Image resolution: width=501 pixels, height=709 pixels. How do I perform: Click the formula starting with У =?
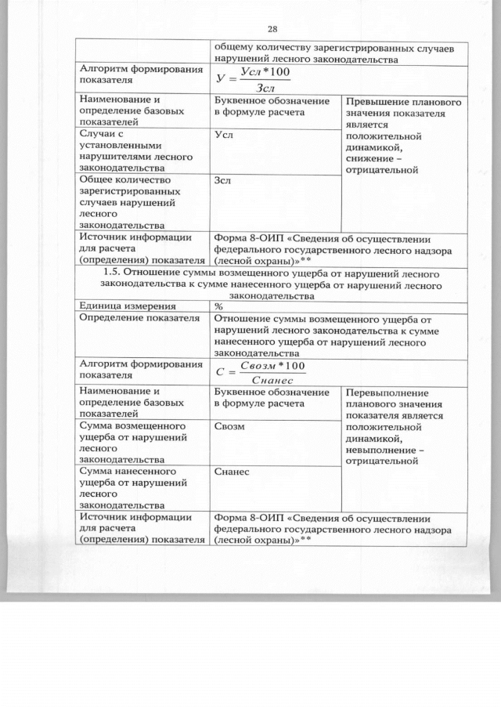tap(254, 79)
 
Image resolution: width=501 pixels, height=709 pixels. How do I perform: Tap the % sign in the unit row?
tap(218, 307)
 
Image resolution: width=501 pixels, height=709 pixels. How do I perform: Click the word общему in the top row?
tap(233, 48)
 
